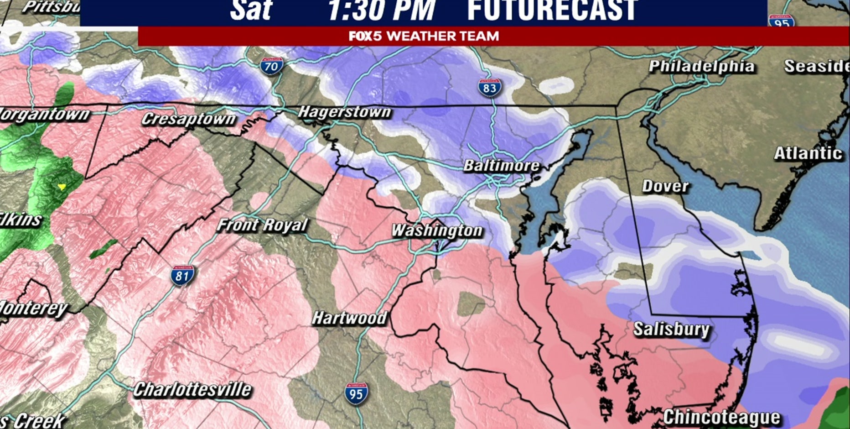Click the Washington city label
tap(437, 230)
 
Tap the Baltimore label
tap(501, 165)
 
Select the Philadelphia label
tap(701, 67)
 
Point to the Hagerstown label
tap(344, 112)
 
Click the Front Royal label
tap(262, 225)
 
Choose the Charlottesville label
tap(192, 389)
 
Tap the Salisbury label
tap(671, 329)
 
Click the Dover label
tap(665, 186)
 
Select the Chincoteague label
tap(721, 417)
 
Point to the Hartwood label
tap(349, 318)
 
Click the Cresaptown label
tap(188, 119)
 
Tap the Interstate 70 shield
tap(271, 67)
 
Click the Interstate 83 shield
tap(490, 88)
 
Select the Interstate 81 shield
tap(182, 275)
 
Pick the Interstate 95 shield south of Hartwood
tap(356, 393)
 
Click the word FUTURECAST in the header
tap(552, 10)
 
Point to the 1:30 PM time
tap(381, 10)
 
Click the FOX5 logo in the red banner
tap(365, 36)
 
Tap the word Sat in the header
tap(250, 10)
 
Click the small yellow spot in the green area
tap(62, 187)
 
